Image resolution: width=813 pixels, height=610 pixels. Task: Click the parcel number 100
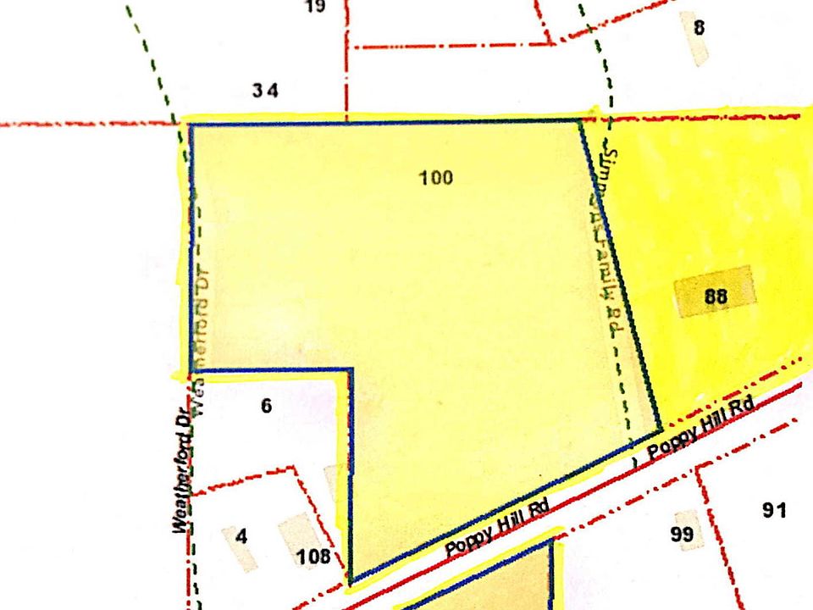click(x=436, y=177)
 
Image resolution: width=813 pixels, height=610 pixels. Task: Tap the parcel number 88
click(x=716, y=297)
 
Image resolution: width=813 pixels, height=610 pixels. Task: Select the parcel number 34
click(x=265, y=91)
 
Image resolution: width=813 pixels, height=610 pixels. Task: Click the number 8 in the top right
click(x=699, y=27)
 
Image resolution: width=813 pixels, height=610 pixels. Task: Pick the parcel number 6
click(x=267, y=406)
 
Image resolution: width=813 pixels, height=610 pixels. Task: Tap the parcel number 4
click(x=241, y=536)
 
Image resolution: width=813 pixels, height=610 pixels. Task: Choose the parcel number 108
click(x=312, y=557)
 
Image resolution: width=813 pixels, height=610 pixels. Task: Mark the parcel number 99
click(x=682, y=534)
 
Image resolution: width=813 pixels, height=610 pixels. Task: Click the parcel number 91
click(x=774, y=510)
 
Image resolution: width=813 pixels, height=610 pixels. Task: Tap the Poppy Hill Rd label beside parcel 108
click(x=498, y=528)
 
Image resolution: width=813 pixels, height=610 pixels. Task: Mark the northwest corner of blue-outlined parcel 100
click(x=189, y=125)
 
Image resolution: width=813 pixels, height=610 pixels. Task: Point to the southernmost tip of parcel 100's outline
click(x=351, y=583)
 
